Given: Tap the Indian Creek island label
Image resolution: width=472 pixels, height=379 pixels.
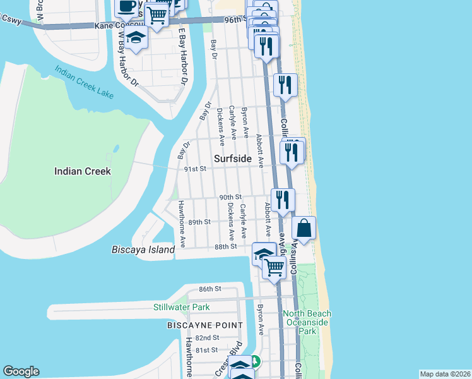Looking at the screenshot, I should pyautogui.click(x=83, y=171).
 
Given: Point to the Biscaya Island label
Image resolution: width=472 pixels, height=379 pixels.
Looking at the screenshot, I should pyautogui.click(x=143, y=250).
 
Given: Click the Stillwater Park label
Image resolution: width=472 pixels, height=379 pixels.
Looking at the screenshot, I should pyautogui.click(x=181, y=308).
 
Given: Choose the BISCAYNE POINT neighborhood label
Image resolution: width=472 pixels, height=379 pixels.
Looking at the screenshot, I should pyautogui.click(x=204, y=325).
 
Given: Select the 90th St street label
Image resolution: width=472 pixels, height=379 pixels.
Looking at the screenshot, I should pyautogui.click(x=230, y=197).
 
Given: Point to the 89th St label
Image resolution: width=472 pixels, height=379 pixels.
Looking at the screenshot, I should pyautogui.click(x=198, y=222).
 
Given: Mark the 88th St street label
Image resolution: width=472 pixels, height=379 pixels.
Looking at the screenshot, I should pyautogui.click(x=225, y=246).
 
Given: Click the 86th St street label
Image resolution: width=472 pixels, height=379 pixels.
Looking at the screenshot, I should pyautogui.click(x=209, y=289).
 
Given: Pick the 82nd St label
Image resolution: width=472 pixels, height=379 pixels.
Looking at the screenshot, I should pyautogui.click(x=206, y=338).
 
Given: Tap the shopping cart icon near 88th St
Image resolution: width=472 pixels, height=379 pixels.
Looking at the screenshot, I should pyautogui.click(x=274, y=267).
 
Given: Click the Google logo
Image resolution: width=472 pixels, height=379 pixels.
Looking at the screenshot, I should pyautogui.click(x=21, y=371).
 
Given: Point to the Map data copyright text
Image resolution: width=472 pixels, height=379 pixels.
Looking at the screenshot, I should pyautogui.click(x=444, y=374).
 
